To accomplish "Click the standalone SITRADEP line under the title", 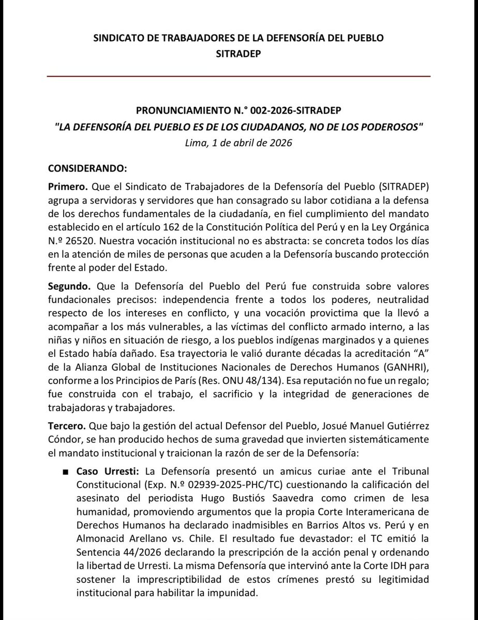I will [238, 54].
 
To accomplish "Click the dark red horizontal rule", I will [238, 76].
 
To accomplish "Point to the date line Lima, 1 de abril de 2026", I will [238, 143].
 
